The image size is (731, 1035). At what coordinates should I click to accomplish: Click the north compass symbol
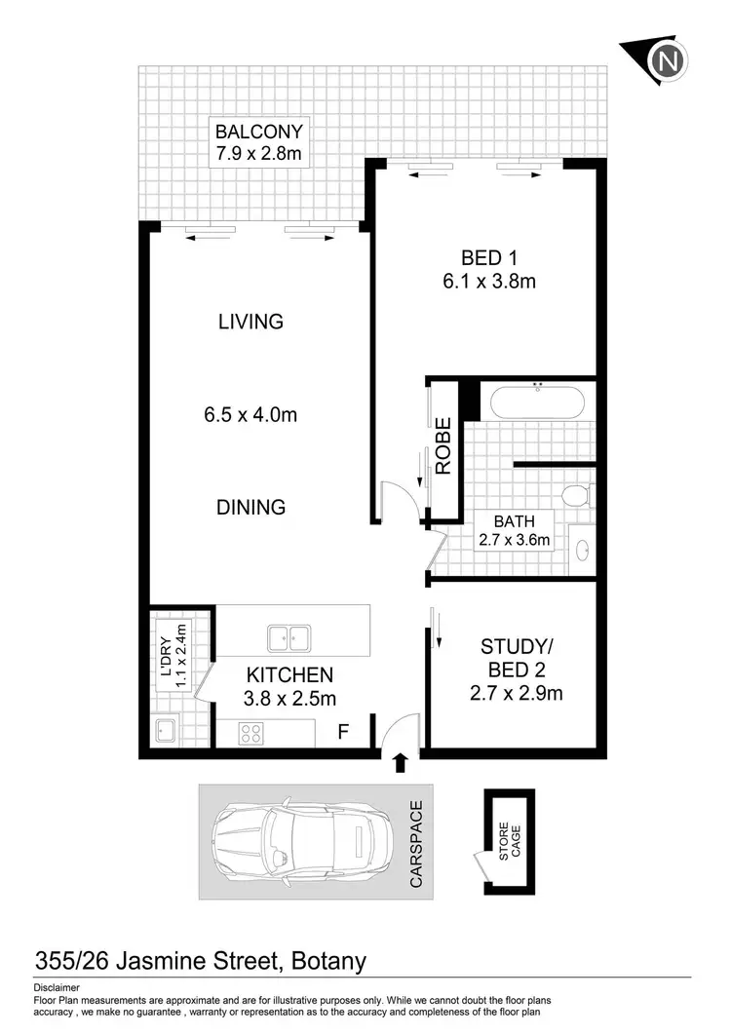(x=666, y=60)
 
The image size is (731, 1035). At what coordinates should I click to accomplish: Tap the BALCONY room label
(x=259, y=132)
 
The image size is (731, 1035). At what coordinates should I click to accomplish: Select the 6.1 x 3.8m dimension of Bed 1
(x=487, y=283)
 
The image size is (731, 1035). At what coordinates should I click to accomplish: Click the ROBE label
(x=443, y=445)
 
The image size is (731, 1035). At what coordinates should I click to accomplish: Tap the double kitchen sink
(x=289, y=638)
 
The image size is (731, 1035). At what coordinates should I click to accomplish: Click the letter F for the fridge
(x=342, y=731)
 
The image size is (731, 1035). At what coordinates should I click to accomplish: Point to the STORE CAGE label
(x=510, y=840)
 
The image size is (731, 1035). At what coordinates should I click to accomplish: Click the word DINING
(x=251, y=507)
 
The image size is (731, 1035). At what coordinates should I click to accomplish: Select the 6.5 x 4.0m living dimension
(x=250, y=414)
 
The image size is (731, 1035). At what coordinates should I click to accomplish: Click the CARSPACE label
(x=416, y=844)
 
